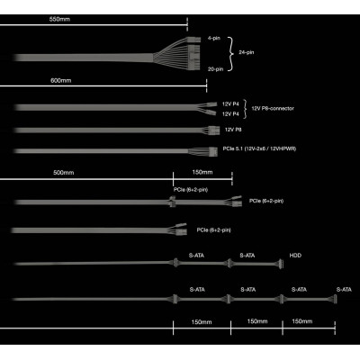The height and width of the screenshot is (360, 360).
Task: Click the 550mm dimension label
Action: (59, 19)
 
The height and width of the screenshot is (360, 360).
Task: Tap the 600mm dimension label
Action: (61, 80)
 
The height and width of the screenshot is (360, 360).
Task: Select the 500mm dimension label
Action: (64, 173)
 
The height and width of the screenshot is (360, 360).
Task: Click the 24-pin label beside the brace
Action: (247, 52)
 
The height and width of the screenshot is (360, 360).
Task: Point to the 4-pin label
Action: (214, 38)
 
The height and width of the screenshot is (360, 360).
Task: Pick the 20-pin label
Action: (216, 69)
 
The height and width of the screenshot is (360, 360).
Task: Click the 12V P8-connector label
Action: (273, 108)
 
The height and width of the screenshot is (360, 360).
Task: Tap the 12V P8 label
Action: (233, 130)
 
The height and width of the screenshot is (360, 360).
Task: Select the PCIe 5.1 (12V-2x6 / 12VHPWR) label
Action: (259, 148)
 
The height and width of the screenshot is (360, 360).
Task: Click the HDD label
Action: (295, 256)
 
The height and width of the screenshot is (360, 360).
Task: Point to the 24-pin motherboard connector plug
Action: (193, 57)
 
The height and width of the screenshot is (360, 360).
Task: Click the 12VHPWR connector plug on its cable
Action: (213, 151)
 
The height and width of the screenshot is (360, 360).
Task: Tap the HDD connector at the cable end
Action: (281, 264)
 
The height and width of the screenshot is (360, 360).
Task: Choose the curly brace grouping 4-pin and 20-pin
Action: (230, 54)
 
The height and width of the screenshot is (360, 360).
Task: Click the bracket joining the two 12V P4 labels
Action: (245, 109)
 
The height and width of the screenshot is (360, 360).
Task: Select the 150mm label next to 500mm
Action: (202, 172)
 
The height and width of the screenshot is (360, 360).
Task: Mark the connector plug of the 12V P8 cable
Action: (212, 130)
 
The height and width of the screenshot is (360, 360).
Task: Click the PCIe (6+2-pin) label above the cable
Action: (191, 190)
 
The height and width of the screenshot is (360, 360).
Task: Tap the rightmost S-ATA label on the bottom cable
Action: (344, 290)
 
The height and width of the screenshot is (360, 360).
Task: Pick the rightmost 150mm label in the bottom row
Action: (302, 321)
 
